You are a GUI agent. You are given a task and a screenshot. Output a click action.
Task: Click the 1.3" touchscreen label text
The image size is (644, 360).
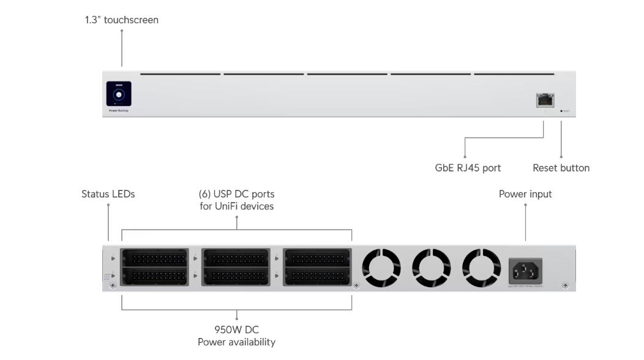[x=121, y=20]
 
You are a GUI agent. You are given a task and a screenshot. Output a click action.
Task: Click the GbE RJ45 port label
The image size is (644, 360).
[x=468, y=168]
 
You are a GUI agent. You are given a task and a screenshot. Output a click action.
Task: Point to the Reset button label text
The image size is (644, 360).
[x=561, y=168]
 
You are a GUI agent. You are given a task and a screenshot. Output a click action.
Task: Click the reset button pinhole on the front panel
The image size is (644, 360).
[x=561, y=111]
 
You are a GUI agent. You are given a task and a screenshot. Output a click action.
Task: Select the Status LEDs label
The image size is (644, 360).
[x=108, y=194]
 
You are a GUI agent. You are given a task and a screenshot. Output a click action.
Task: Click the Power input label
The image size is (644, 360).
[x=525, y=194]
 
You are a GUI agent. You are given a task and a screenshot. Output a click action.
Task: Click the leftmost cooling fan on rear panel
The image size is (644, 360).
[x=381, y=268]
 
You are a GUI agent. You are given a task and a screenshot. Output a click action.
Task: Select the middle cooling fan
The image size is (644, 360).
[x=431, y=268]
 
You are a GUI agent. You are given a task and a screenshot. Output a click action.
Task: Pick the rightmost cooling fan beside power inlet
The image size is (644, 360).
[x=481, y=268]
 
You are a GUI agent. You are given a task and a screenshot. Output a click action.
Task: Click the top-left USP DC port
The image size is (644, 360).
[x=155, y=258]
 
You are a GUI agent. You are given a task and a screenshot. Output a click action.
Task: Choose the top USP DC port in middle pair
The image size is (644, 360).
[x=236, y=258]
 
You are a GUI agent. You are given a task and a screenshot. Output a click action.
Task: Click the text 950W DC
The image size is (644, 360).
[x=236, y=330]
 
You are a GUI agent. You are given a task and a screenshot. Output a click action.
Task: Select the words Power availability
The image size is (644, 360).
[x=236, y=342]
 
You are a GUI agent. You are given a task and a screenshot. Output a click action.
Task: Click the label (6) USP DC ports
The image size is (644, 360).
[x=236, y=194]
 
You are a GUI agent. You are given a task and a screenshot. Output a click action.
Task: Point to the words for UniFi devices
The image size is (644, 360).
[x=236, y=206]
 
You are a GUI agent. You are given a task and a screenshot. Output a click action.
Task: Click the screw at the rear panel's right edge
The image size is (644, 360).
[x=564, y=285]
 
